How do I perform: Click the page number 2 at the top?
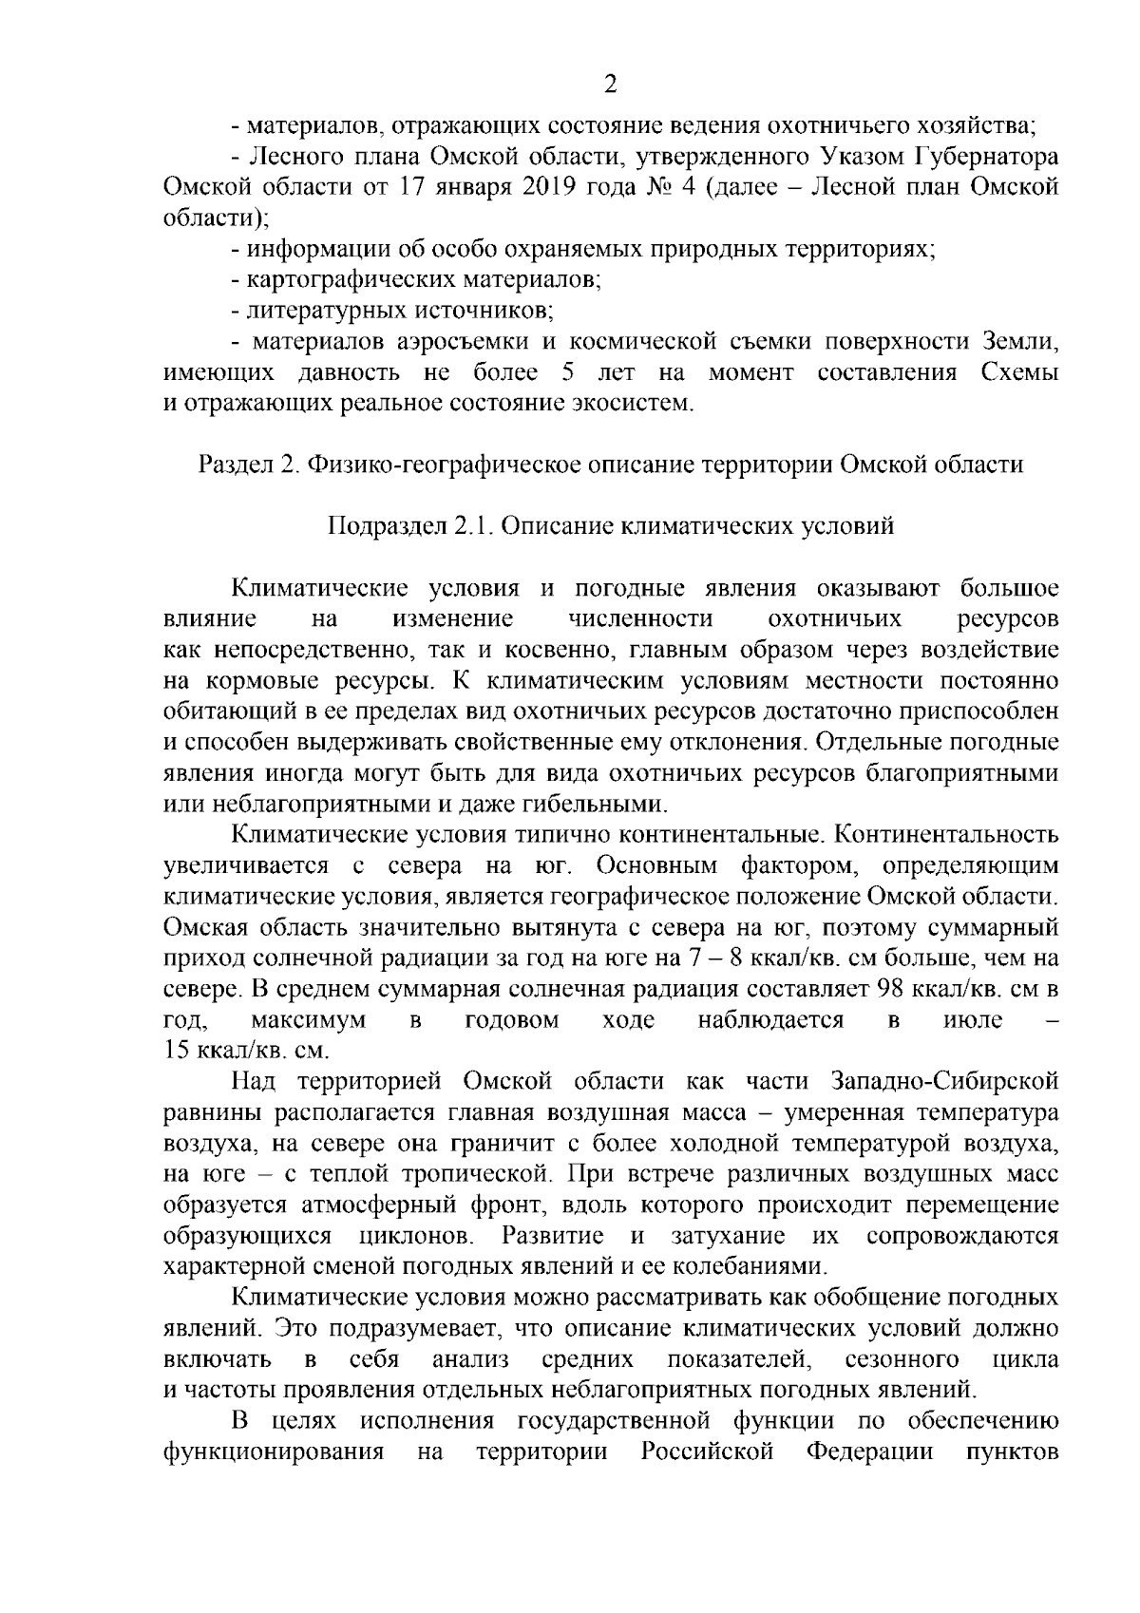tap(610, 85)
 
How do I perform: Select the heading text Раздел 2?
tap(249, 465)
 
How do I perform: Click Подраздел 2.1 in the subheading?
tap(409, 525)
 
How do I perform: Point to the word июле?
tap(974, 1020)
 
